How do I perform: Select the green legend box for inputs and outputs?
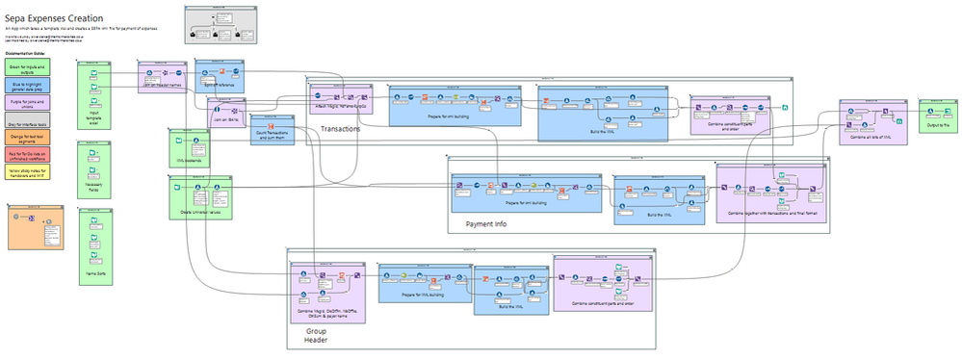tap(27, 66)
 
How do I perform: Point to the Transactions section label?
tap(340, 128)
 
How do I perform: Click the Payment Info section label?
tap(486, 224)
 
